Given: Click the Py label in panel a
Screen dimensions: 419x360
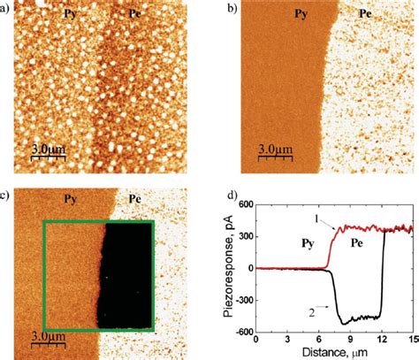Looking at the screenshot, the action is (70, 14).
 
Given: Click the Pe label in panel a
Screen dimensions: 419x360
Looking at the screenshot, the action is (135, 14).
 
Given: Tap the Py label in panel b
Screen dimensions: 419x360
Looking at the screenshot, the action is (301, 14).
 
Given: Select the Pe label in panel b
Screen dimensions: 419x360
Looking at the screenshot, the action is (365, 14).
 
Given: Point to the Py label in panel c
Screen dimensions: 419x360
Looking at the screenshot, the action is (70, 200).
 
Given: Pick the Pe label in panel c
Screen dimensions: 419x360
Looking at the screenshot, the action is (135, 199).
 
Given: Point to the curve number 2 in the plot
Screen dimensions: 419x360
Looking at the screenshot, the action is (312, 313).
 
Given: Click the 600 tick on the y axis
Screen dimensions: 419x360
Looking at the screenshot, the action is (246, 204).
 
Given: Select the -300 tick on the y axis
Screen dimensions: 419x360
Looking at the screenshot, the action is (244, 301).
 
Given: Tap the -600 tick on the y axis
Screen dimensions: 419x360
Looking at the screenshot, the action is (244, 332).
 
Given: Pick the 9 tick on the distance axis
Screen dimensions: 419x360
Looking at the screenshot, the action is (350, 339).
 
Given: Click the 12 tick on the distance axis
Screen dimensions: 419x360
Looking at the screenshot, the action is (382, 339).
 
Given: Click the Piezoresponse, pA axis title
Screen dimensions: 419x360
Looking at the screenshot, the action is (228, 266).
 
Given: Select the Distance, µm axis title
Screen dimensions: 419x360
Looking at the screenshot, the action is (335, 352).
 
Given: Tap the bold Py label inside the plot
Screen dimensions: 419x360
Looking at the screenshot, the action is (308, 244).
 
